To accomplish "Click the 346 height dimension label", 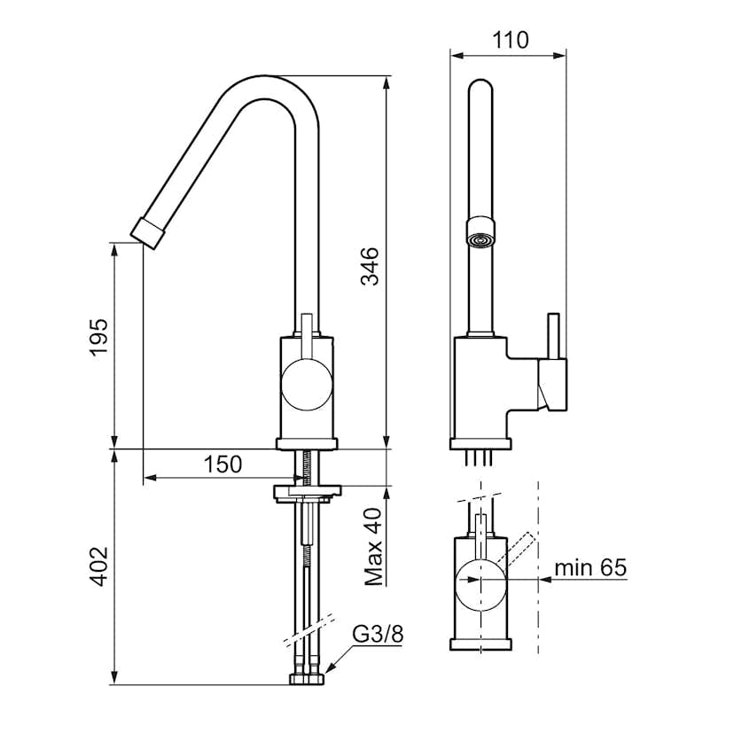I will [x=370, y=266].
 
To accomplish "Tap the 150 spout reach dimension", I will [x=221, y=465].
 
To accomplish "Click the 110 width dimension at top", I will [x=509, y=40].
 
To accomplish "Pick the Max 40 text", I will [x=372, y=546].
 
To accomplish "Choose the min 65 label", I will [x=590, y=567].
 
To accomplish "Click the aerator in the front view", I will [x=481, y=239].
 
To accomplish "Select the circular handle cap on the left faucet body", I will [x=306, y=387].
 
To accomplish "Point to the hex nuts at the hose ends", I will [x=307, y=680].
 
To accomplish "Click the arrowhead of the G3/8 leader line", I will [x=329, y=668].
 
